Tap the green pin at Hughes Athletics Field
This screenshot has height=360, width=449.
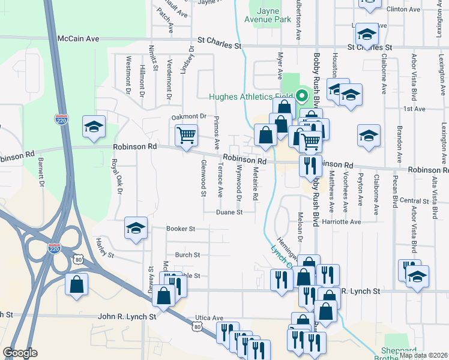tap(301, 96)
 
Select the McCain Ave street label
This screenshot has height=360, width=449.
tap(78, 38)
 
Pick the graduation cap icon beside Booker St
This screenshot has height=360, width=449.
tap(136, 227)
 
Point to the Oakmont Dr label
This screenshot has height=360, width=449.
tap(188, 116)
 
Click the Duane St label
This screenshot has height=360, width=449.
tap(230, 212)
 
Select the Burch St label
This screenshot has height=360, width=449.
tap(187, 255)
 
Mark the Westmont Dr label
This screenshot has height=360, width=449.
tap(128, 76)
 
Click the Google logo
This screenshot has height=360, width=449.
tap(20, 353)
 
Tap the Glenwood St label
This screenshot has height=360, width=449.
tap(203, 178)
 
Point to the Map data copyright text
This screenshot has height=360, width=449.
tap(423, 355)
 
